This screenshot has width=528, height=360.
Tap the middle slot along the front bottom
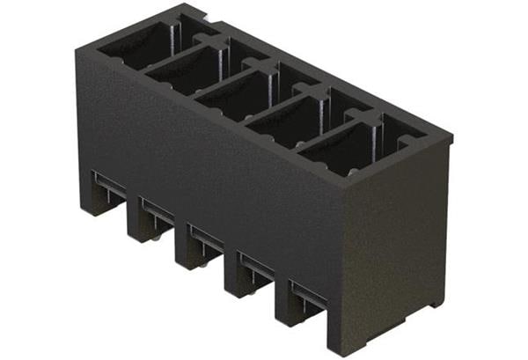204,238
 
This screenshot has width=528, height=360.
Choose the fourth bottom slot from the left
253,266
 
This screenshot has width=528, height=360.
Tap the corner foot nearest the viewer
340,339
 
